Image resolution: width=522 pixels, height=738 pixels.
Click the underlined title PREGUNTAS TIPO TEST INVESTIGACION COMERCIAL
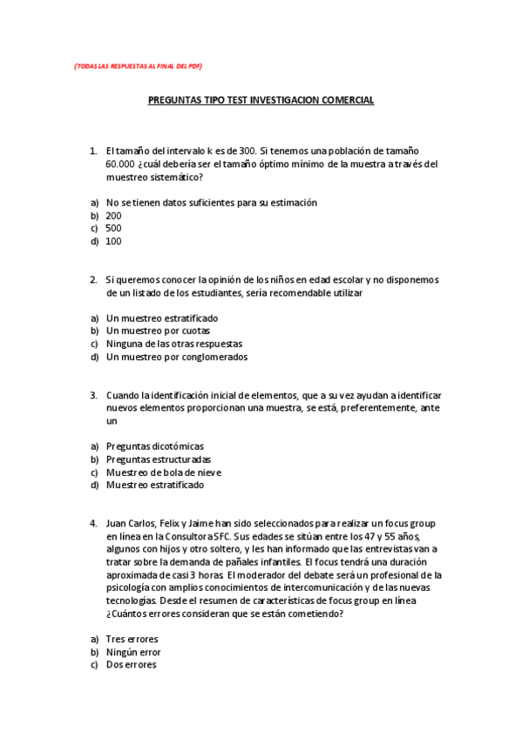(261, 100)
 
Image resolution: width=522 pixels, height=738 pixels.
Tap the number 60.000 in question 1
(120, 164)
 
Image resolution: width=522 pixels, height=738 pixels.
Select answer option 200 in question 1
(114, 216)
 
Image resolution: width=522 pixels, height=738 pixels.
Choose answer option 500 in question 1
(114, 229)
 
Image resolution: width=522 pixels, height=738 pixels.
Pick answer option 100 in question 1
(114, 242)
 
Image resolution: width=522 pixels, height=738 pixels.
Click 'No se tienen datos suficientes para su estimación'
(211, 203)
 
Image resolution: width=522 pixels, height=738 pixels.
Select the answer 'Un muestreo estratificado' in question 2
(162, 319)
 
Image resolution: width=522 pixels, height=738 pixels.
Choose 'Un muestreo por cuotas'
(158, 332)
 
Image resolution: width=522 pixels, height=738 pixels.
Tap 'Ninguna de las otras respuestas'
(174, 344)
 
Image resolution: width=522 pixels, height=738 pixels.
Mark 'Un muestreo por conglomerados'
(177, 357)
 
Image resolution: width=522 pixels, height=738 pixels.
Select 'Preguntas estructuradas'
(159, 460)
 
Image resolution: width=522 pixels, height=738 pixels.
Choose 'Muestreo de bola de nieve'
(164, 473)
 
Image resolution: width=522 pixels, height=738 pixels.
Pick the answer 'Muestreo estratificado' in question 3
(155, 486)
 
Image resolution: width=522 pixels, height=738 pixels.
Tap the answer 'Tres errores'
(132, 640)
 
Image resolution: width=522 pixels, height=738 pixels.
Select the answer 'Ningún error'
(133, 653)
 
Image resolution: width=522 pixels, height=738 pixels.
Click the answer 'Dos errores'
(132, 665)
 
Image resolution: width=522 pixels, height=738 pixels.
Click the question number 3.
(92, 395)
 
